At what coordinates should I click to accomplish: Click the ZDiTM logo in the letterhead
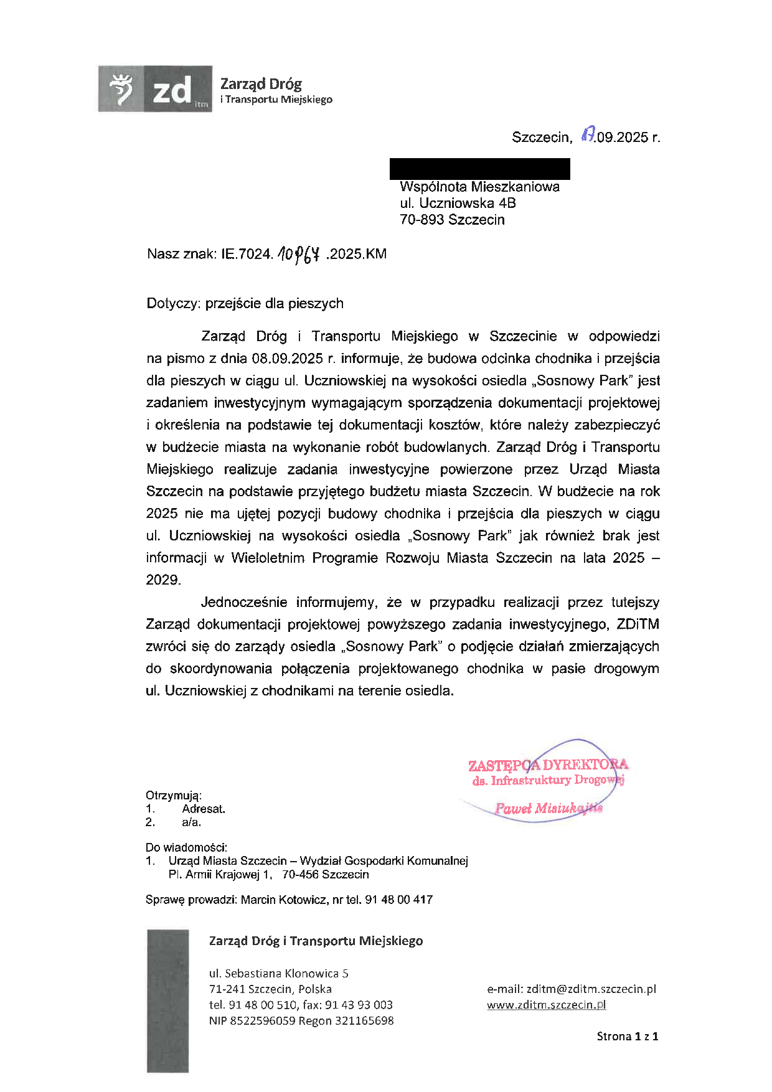click(155, 89)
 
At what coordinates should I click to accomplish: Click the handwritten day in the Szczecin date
click(586, 135)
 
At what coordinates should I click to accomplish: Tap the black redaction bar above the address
click(479, 169)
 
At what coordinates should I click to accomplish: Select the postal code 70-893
click(421, 220)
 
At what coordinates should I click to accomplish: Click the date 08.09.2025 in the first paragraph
click(287, 359)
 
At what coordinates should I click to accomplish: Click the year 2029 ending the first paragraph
click(162, 580)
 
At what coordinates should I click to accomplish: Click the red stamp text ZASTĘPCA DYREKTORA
click(548, 765)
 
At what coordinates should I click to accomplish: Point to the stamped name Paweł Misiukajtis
click(548, 809)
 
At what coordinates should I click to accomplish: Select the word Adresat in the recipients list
click(203, 809)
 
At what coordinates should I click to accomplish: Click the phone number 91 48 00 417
click(398, 900)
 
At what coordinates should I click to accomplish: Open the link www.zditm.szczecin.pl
click(546, 1005)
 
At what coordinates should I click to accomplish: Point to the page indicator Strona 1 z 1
click(627, 1037)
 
